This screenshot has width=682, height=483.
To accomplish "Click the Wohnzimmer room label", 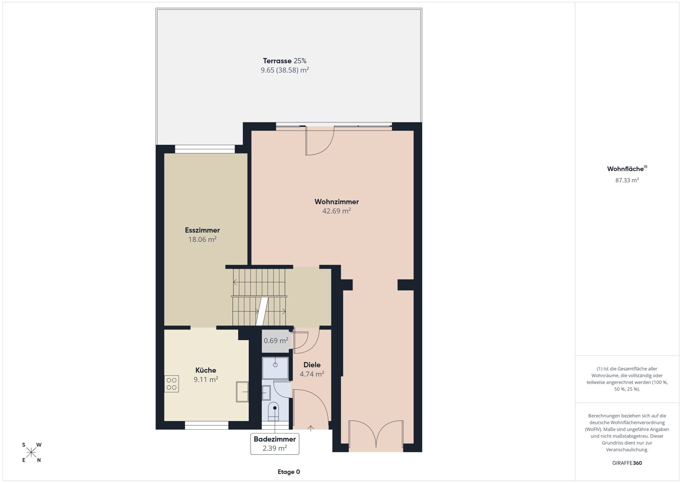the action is tap(336, 202).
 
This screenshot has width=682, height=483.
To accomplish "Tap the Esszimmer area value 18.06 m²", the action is tap(202, 239).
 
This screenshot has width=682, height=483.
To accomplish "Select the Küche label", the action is tap(206, 370).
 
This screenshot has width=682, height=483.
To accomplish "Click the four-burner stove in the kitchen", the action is tap(172, 384).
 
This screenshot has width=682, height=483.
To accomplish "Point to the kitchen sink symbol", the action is tap(242, 392).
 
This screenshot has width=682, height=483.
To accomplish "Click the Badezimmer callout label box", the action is tap(275, 444).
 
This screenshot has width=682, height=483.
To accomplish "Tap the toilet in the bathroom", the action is tap(274, 411).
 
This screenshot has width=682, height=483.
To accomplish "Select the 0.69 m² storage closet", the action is tap(276, 341).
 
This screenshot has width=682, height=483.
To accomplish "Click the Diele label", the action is tap(312, 365).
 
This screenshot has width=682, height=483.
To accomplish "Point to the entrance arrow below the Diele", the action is tap(311, 428).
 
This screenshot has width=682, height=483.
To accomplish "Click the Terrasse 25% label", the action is tap(285, 61).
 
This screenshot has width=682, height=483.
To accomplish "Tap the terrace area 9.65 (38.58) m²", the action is tap(285, 70).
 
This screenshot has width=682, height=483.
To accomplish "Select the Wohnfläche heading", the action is tap(627, 168).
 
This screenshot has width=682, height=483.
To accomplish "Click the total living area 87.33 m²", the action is tap(627, 180).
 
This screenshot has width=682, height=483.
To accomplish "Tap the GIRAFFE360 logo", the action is tap(627, 463).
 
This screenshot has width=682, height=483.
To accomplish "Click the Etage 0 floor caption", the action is tap(289, 472).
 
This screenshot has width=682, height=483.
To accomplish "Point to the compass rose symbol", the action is tap(31, 452).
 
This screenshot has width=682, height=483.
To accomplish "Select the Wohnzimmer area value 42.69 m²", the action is tap(336, 211).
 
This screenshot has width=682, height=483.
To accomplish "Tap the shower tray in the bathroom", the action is tap(275, 368).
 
